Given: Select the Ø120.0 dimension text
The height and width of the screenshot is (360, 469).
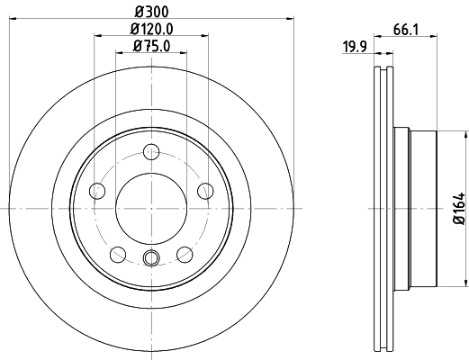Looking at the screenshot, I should point(151,29).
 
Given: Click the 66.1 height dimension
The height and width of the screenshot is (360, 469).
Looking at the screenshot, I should point(403,30).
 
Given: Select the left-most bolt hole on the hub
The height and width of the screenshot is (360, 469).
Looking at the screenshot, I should point(96,190).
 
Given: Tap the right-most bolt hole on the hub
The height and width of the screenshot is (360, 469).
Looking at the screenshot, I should point(206,190).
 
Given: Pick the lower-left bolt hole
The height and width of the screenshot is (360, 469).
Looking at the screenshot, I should point(117,254).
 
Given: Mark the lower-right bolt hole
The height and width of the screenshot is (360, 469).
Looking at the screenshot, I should point(185,254).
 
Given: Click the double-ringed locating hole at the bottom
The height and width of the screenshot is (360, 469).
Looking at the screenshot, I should point(151,260).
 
